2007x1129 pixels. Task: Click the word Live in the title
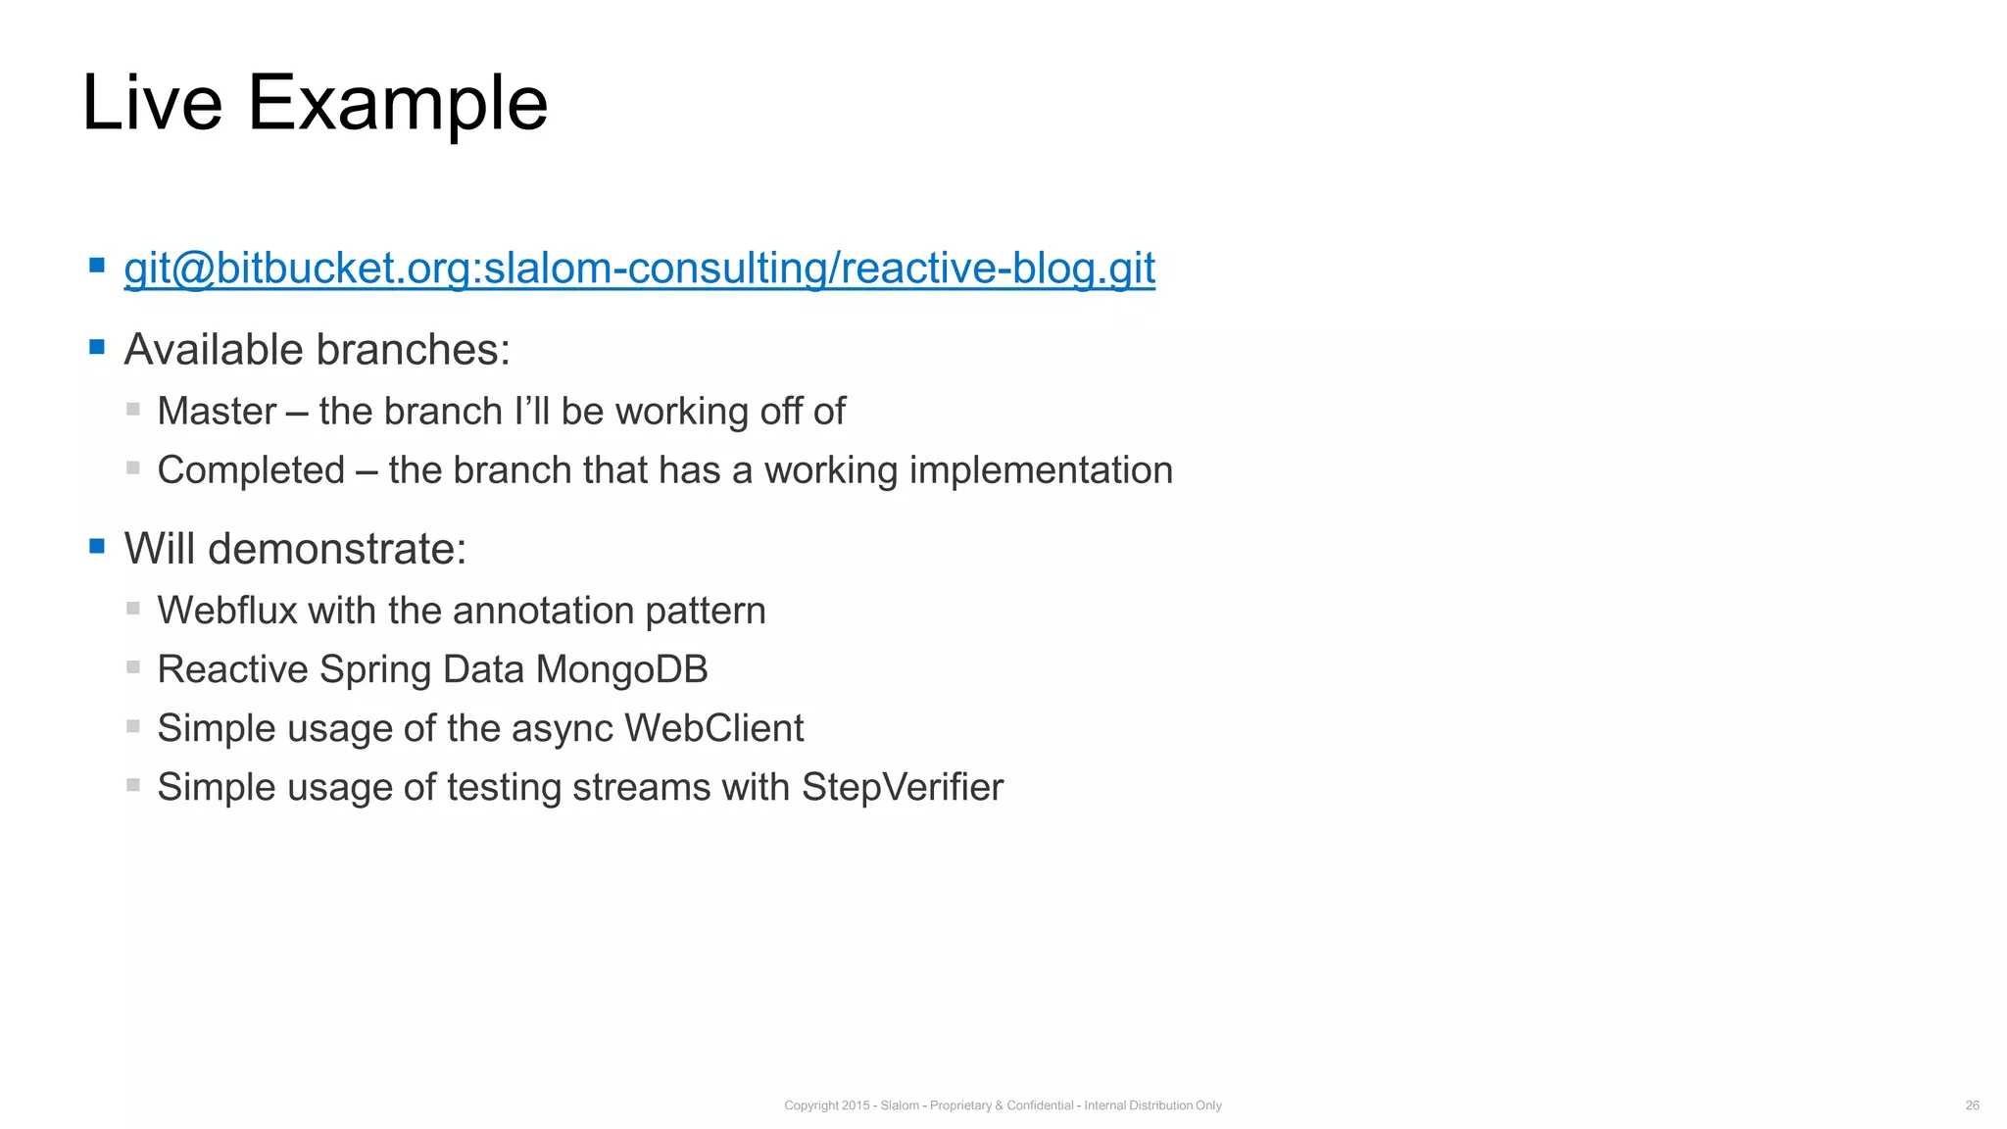click(x=152, y=103)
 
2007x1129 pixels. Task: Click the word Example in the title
click(x=397, y=105)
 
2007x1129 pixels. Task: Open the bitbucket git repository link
click(x=639, y=269)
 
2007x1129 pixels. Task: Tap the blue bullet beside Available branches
click(x=97, y=346)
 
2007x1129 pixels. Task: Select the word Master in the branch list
click(x=217, y=412)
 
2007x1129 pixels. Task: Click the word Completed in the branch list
click(x=251, y=470)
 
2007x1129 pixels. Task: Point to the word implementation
click(x=1041, y=471)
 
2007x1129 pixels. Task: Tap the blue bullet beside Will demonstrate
click(x=97, y=546)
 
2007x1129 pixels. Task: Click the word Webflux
click(x=226, y=611)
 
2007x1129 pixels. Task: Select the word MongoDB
click(x=621, y=669)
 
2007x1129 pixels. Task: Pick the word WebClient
click(x=713, y=728)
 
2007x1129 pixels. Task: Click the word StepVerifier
click(x=902, y=787)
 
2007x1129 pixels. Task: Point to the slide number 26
click(x=1972, y=1105)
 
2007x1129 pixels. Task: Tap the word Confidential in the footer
click(x=1040, y=1105)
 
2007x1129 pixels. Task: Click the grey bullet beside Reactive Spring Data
click(x=133, y=667)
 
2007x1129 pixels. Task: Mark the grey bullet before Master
click(x=133, y=409)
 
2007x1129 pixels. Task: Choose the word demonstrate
click(x=337, y=549)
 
